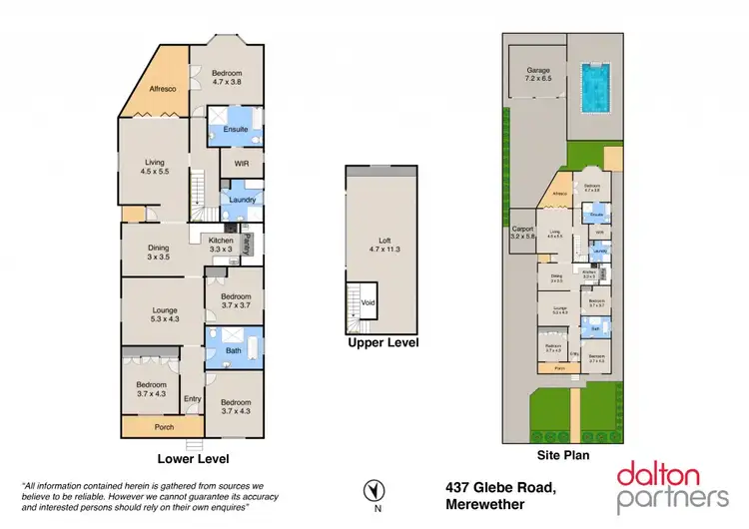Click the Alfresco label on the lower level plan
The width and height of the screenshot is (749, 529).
(x=163, y=90)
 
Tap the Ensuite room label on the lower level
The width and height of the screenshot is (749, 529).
(x=235, y=129)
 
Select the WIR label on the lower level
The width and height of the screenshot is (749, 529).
(x=241, y=164)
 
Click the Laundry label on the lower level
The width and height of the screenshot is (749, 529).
(x=242, y=200)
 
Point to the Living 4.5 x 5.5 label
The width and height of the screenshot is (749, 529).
(x=154, y=164)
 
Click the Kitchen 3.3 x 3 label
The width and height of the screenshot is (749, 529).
(x=221, y=245)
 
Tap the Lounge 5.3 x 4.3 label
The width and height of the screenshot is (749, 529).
(x=164, y=314)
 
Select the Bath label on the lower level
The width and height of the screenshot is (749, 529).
(x=234, y=350)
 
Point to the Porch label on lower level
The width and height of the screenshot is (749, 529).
(x=164, y=427)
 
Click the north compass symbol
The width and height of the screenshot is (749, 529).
(x=372, y=490)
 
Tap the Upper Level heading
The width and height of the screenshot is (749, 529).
(x=382, y=342)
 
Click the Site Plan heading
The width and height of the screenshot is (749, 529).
(x=564, y=454)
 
